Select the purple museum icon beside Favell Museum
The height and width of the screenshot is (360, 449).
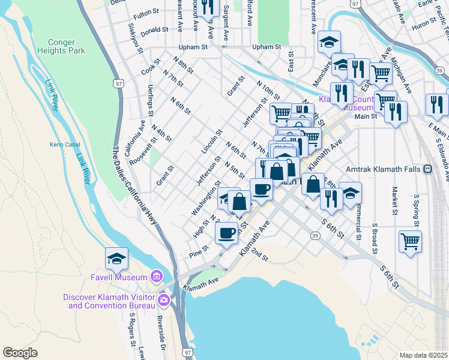[x=157, y=277]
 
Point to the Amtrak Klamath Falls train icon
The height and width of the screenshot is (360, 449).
[x=428, y=169]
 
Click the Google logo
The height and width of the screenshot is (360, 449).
[x=20, y=352]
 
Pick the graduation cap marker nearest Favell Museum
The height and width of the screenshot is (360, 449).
[x=116, y=258]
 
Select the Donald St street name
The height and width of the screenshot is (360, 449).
[x=154, y=30]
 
